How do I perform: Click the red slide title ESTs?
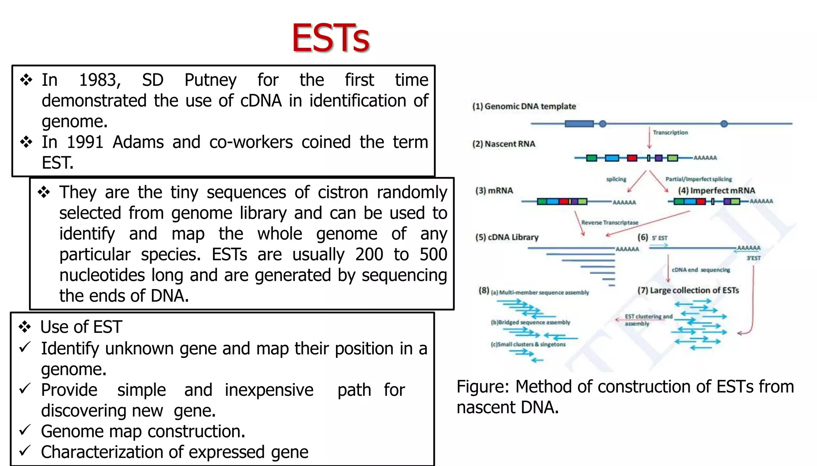pos(330,38)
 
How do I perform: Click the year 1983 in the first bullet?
pos(100,80)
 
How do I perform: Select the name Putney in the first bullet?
pos(210,80)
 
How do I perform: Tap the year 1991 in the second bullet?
pos(85,142)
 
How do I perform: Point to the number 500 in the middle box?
pos(433,255)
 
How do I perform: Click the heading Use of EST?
pos(81,327)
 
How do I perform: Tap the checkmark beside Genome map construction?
pos(25,430)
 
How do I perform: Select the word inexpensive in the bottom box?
pos(269,390)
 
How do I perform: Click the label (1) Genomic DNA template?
pos(524,107)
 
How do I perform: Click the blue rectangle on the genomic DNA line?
pos(579,124)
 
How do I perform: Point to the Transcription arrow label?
pos(670,132)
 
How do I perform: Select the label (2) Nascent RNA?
pos(503,144)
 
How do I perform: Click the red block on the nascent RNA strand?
pos(632,158)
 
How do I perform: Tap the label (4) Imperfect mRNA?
pos(716,191)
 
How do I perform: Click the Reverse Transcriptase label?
pos(610,223)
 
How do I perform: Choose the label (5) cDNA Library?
pos(507,237)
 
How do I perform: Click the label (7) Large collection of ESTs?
pos(688,290)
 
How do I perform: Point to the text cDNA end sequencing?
pos(701,270)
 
